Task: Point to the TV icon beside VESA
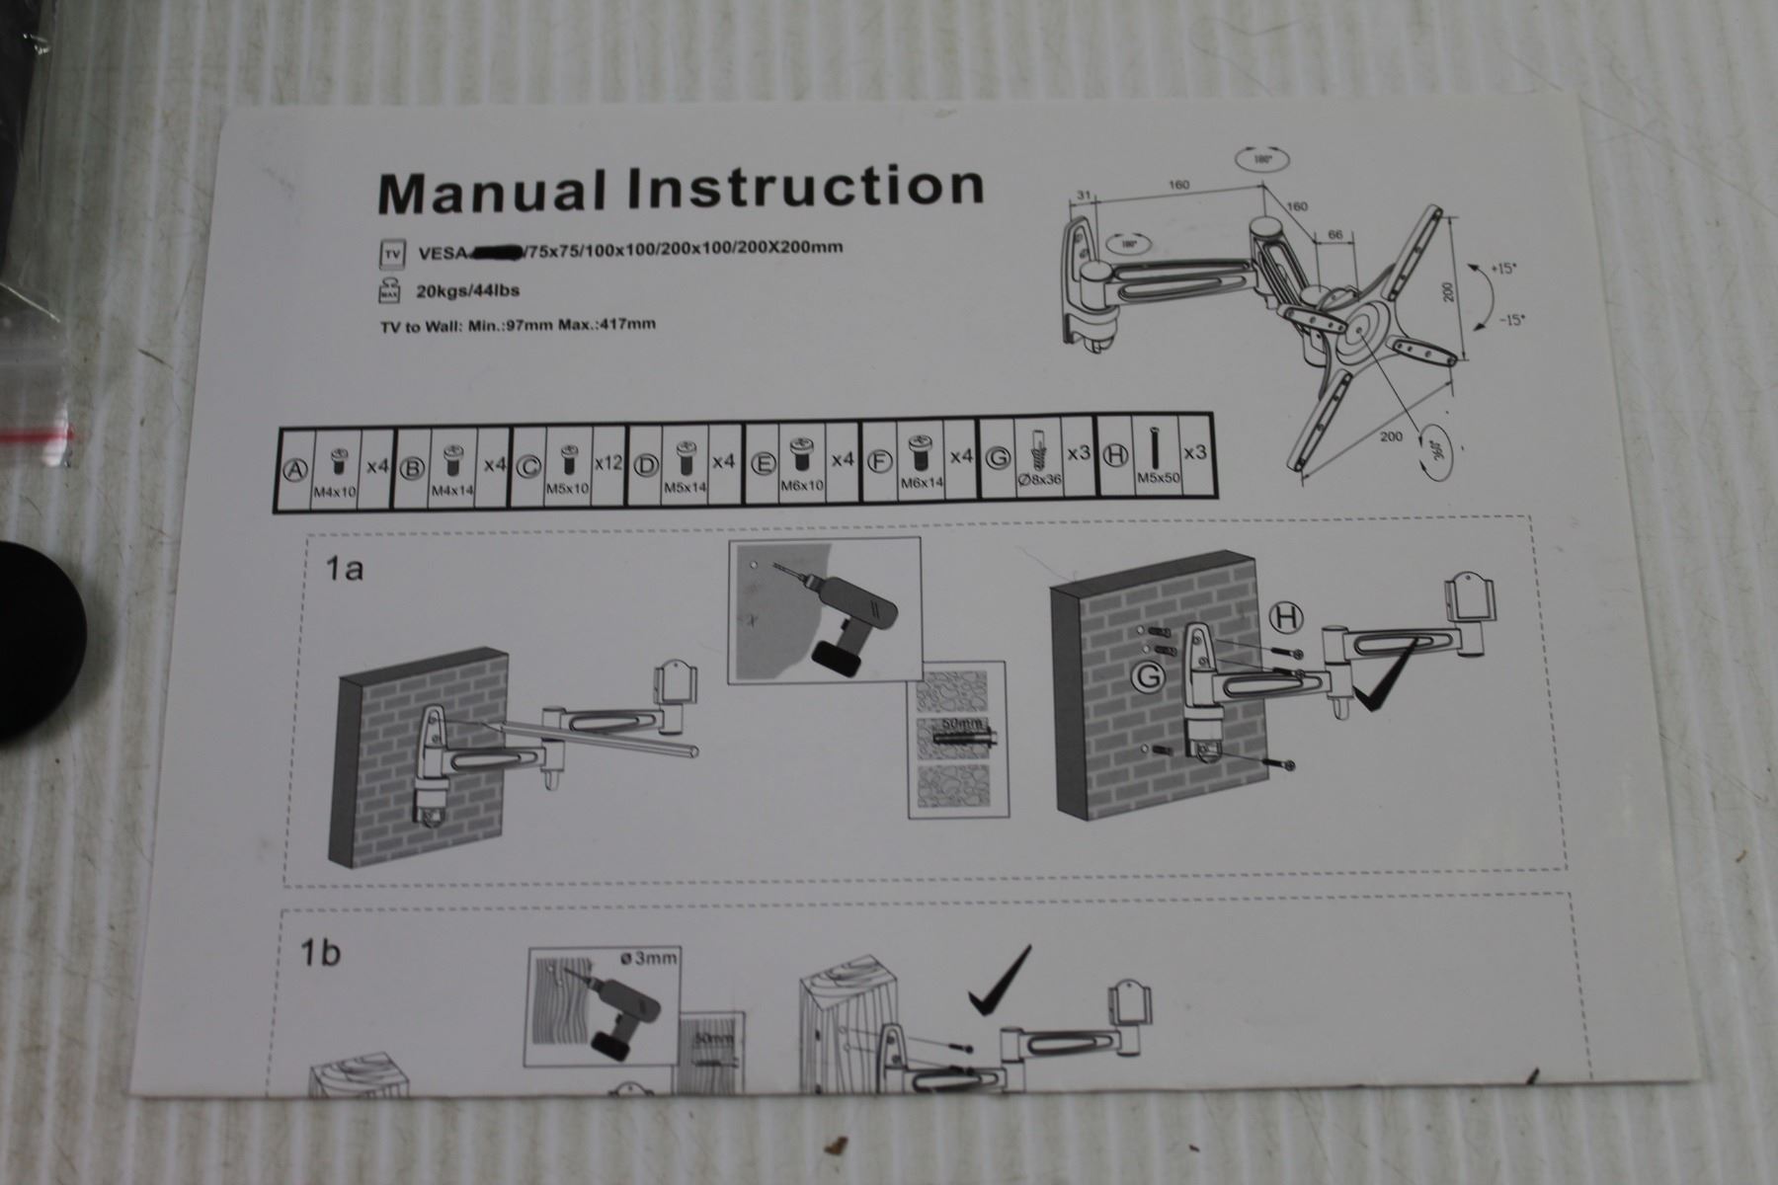click(392, 255)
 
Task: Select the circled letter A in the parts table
click(293, 471)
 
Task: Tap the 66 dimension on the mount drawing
click(1335, 235)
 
